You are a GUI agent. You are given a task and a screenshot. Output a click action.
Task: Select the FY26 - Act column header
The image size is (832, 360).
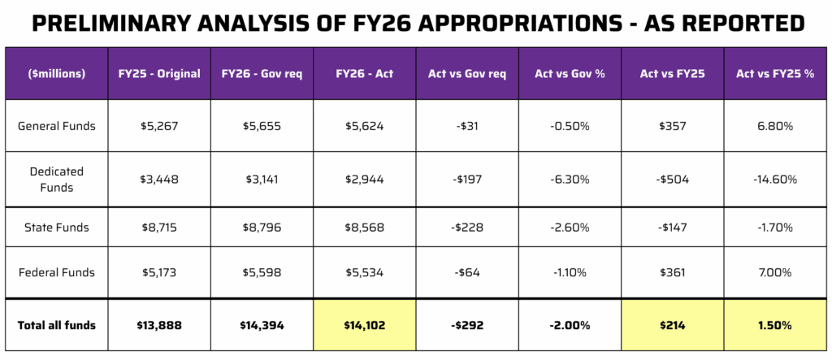pos(364,74)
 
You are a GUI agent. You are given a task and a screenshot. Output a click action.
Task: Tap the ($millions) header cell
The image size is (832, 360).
pos(57,74)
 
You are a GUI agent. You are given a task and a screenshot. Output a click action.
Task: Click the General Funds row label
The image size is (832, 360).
pos(57,126)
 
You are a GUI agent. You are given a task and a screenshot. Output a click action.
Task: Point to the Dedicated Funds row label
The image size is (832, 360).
pos(57,180)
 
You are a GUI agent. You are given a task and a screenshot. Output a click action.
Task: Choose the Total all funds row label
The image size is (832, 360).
pos(57,325)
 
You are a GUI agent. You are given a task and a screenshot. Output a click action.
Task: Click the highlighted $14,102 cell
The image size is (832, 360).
pos(364,325)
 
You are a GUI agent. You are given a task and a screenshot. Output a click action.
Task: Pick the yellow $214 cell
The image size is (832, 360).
pos(673,325)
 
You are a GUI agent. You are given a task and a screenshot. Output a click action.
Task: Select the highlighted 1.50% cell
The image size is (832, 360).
pos(775,325)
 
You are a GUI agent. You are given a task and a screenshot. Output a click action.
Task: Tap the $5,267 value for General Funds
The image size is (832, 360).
pos(159,126)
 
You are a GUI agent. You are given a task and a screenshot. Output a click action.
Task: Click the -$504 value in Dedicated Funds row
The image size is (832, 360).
pos(673,180)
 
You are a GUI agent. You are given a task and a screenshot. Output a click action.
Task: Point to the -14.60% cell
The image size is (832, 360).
pos(775,180)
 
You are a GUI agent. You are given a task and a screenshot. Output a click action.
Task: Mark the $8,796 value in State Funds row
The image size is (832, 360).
pos(262,228)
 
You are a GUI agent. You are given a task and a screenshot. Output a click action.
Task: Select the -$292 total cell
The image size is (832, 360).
pos(467,325)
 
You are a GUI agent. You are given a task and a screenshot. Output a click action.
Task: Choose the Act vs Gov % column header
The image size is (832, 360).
pos(570,74)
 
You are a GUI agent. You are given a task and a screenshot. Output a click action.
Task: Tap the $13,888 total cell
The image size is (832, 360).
pos(159,325)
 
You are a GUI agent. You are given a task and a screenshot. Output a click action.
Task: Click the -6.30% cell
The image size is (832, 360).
pos(570,180)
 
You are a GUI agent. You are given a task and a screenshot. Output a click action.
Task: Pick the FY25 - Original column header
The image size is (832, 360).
pos(159,74)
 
